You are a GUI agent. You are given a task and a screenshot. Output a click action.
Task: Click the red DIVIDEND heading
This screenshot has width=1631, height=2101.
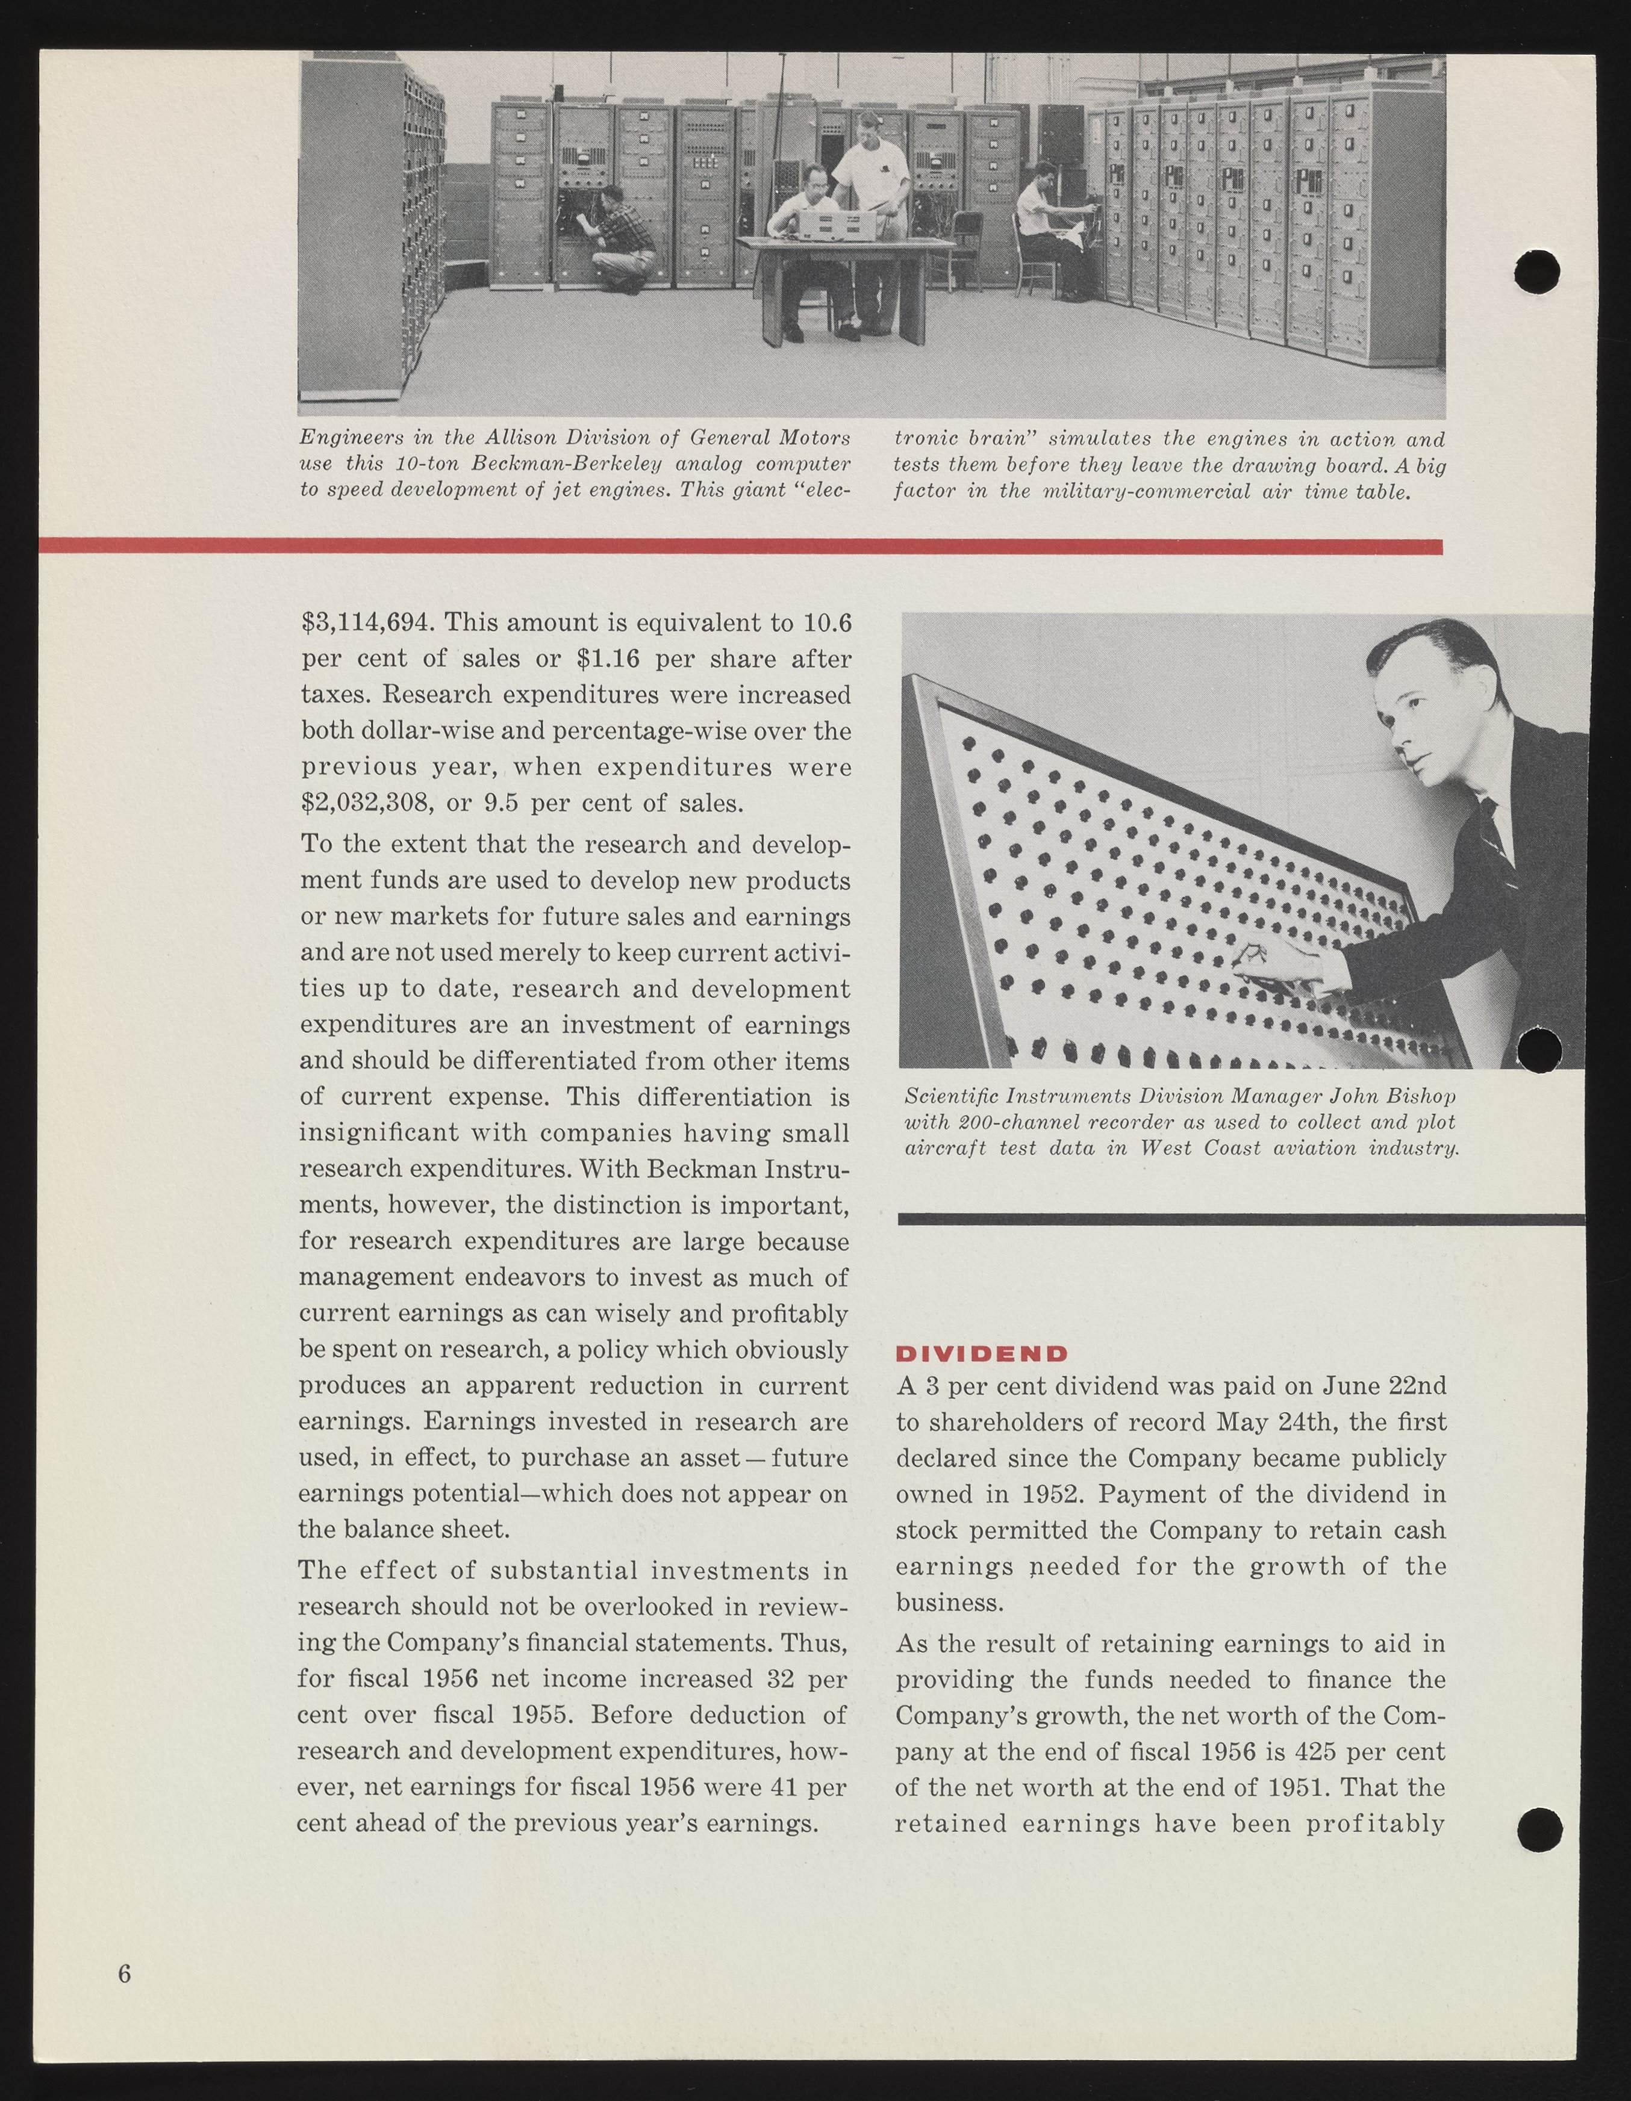[x=982, y=1353]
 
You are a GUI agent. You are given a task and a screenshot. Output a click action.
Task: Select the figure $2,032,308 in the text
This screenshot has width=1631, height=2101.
[x=366, y=803]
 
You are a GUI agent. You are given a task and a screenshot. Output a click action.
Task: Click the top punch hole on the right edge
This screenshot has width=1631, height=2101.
[x=1536, y=270]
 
